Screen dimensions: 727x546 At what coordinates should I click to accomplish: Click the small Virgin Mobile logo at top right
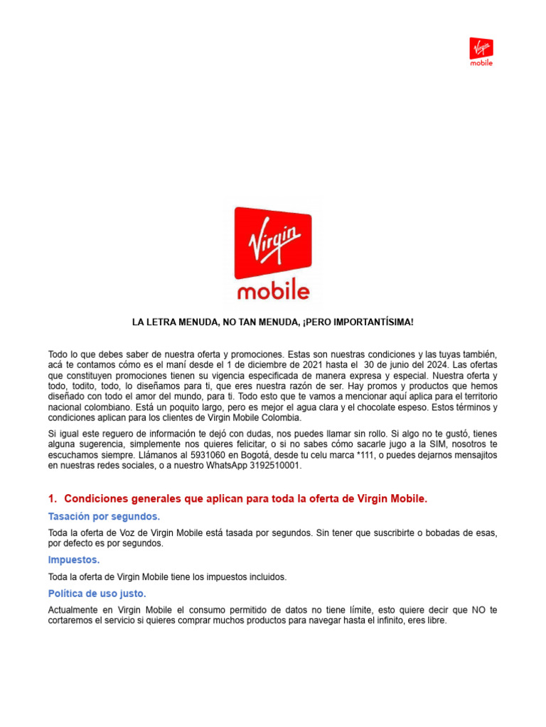481,51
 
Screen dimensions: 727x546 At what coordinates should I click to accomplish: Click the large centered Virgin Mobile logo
273,253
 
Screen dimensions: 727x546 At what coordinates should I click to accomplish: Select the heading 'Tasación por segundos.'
104,516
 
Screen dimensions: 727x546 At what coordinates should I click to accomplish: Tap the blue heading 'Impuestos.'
74,560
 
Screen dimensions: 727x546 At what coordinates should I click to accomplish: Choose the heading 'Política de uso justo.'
97,594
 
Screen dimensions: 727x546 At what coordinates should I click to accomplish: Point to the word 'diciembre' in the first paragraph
262,365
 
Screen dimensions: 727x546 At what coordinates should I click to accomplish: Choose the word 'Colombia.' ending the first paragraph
282,418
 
